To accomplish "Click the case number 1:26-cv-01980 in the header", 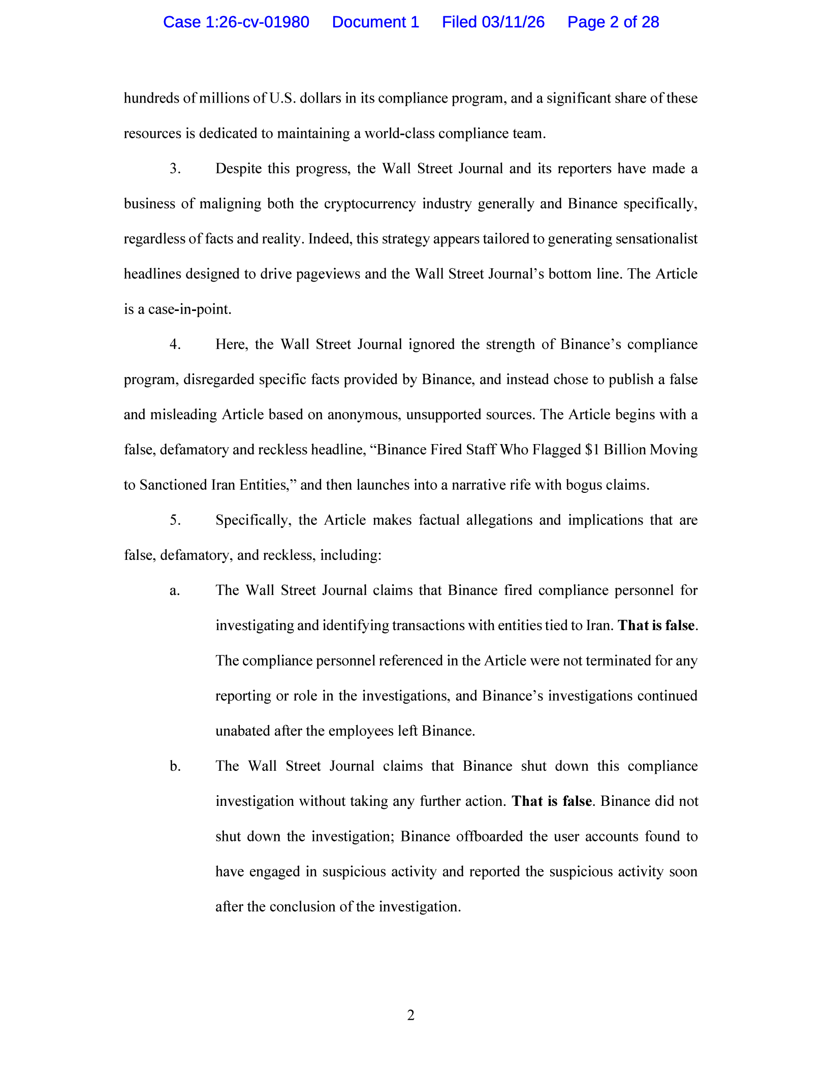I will pos(236,22).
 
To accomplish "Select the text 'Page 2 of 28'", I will pos(613,22).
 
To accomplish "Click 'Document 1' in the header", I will pos(375,22).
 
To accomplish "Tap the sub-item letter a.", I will pos(175,591).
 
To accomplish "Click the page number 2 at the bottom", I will pos(411,1015).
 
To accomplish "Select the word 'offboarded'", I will pos(489,836).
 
